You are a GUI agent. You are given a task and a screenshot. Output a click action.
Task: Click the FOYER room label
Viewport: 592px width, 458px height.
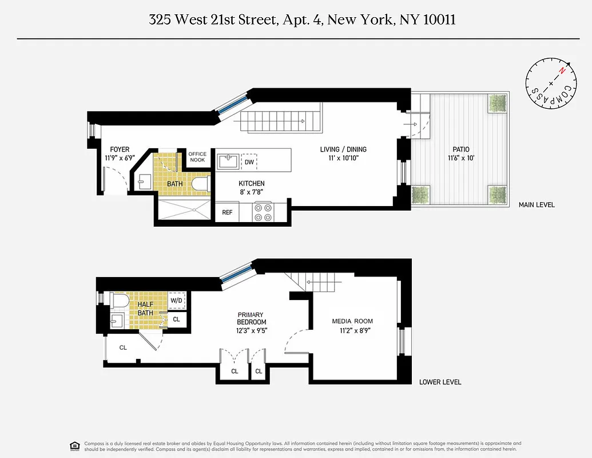120,149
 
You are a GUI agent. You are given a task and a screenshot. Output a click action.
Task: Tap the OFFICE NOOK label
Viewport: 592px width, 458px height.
197,156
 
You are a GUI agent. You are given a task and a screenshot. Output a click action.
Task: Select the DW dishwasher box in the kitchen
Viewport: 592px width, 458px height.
249,162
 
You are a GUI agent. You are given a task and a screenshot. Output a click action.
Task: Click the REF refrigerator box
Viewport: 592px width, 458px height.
227,212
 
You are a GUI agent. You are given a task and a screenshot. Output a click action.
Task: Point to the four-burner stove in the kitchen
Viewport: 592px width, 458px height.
263,212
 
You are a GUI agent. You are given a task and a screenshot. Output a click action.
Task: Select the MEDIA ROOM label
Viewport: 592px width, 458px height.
352,321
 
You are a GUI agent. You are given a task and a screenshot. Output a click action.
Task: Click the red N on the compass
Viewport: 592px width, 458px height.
562,71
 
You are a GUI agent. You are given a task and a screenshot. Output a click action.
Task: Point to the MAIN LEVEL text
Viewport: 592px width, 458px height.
536,204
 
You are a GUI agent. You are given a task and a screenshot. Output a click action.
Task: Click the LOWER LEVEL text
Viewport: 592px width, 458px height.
440,382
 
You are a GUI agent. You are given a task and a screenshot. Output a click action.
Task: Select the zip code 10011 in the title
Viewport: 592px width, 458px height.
439,19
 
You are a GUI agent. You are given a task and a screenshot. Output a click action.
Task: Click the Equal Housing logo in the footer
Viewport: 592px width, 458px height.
73,445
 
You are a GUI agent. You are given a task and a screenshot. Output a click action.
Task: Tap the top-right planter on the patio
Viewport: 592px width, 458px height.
497,104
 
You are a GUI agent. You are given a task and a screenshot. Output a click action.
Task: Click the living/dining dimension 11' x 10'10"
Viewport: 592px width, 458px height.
343,157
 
